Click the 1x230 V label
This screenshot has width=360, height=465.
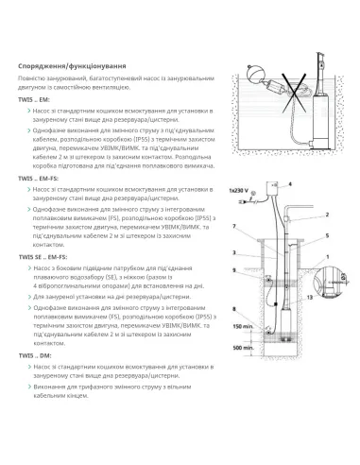pos(240,193)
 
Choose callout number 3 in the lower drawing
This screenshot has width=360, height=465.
pos(232,253)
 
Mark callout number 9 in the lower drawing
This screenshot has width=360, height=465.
pos(232,271)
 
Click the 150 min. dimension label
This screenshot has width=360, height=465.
pos(243,326)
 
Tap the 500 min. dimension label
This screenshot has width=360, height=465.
pos(243,348)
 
